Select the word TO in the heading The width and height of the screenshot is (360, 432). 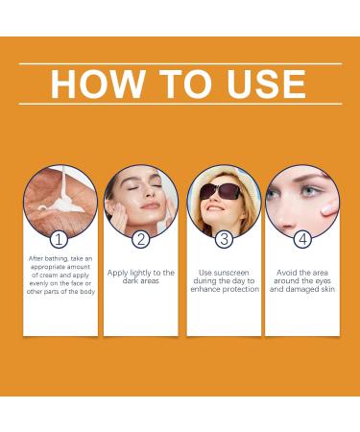tap(179, 84)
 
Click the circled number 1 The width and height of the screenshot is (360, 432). tap(60, 240)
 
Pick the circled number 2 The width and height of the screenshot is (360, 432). tap(140, 240)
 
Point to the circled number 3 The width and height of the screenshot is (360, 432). tap(223, 240)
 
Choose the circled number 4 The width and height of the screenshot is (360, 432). tap(302, 240)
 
